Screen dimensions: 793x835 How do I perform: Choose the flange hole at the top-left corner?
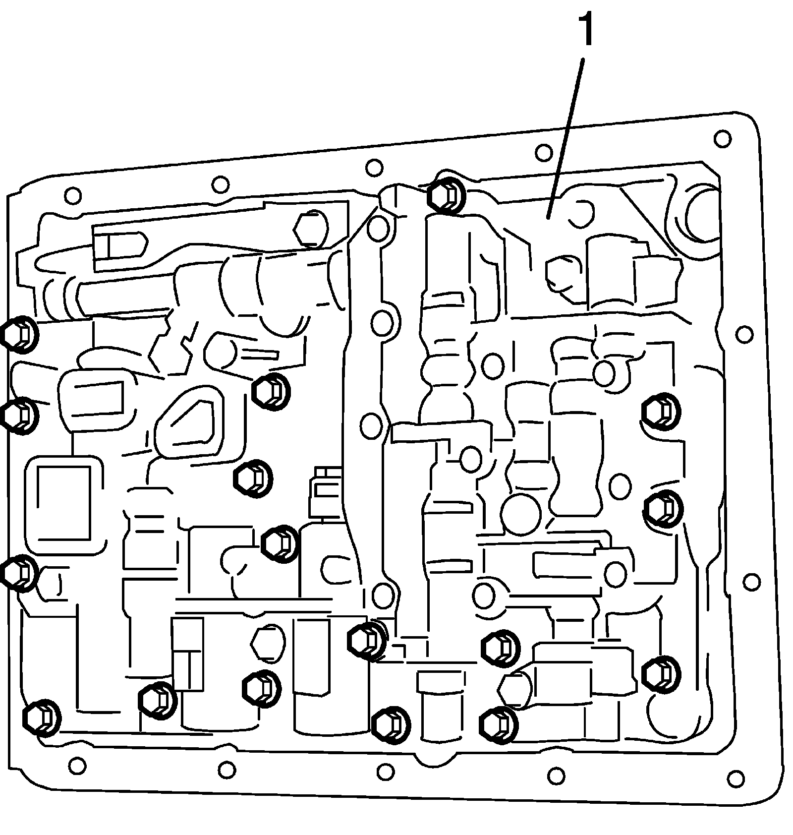[x=72, y=195]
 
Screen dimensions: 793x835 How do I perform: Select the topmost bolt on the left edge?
[x=19, y=335]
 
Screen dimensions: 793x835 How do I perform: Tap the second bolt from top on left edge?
[x=19, y=416]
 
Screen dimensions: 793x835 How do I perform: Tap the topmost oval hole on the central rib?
[x=379, y=228]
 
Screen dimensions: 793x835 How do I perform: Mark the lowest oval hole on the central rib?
[x=382, y=595]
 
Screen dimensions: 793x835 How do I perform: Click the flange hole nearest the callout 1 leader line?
[x=544, y=152]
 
